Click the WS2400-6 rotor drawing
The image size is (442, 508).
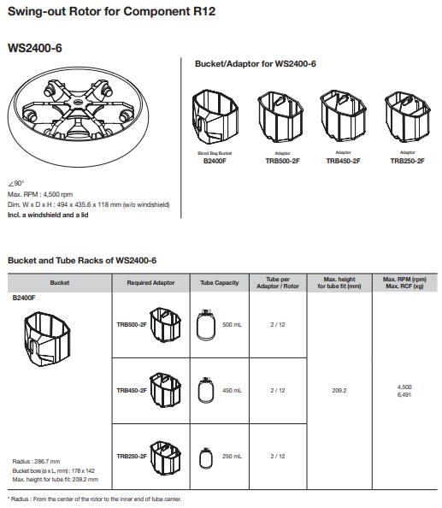pyautogui.click(x=78, y=116)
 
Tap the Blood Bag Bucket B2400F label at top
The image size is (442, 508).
pyautogui.click(x=215, y=157)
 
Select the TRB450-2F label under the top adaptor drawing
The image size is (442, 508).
pyautogui.click(x=343, y=161)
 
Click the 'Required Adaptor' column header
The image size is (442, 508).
pyautogui.click(x=150, y=282)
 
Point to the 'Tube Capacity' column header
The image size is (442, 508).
pyautogui.click(x=219, y=282)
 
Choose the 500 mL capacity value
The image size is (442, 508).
pyautogui.click(x=232, y=324)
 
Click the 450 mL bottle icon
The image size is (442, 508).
pyautogui.click(x=206, y=390)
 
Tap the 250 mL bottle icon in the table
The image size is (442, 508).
pyautogui.click(x=206, y=458)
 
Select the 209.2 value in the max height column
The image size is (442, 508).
pyautogui.click(x=339, y=390)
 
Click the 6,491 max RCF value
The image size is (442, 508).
pyautogui.click(x=404, y=394)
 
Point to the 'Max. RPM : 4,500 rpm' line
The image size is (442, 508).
pyautogui.click(x=40, y=194)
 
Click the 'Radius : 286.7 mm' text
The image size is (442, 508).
pyautogui.click(x=36, y=461)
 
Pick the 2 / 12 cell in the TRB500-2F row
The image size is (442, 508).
pyautogui.click(x=278, y=324)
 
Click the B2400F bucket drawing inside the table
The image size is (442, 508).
pyautogui.click(x=47, y=340)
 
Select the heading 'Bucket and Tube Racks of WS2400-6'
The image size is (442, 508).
pyautogui.click(x=82, y=261)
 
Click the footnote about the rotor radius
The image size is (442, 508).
pyautogui.click(x=94, y=499)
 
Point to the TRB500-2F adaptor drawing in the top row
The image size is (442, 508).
pyautogui.click(x=280, y=116)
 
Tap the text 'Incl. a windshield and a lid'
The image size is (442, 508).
pyautogui.click(x=48, y=215)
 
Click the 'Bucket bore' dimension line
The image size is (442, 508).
pyautogui.click(x=53, y=470)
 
